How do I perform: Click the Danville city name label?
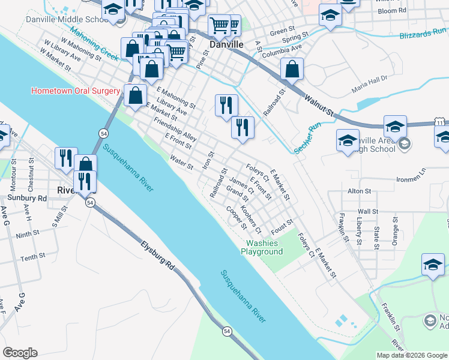[226, 45]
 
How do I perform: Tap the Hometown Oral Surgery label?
[76, 91]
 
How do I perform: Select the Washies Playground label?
[262, 247]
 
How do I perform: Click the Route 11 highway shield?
[440, 122]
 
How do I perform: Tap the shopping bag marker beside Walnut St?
[292, 69]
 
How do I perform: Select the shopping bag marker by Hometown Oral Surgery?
[136, 95]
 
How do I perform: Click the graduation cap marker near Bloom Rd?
[330, 14]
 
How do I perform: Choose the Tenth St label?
[33, 256]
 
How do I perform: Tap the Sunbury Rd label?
[26, 197]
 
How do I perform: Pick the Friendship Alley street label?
[175, 129]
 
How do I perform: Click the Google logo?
[20, 353]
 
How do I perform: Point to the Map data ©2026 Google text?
[411, 355]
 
